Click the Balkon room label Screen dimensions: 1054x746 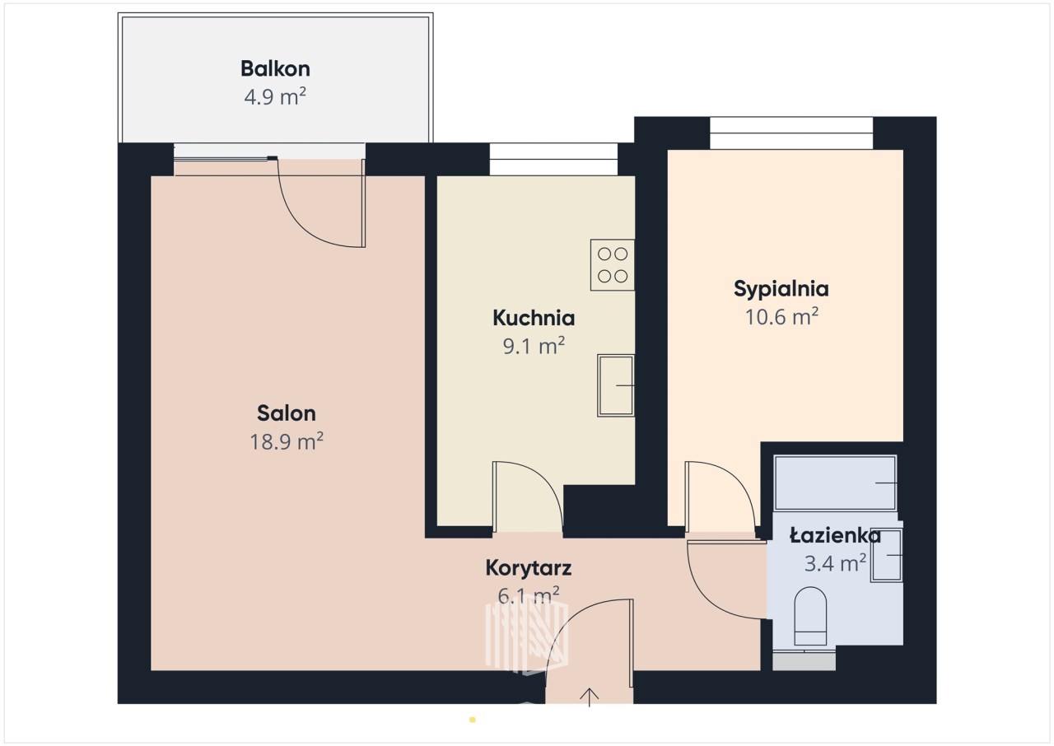(x=275, y=68)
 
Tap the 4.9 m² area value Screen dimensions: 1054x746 (x=275, y=96)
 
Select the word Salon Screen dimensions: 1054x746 (x=286, y=413)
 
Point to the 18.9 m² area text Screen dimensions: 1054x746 (x=286, y=441)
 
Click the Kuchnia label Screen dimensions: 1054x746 (x=534, y=318)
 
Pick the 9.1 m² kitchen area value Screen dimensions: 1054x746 (x=534, y=346)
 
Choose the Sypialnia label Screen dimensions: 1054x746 (x=781, y=289)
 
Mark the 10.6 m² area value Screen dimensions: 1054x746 (x=781, y=316)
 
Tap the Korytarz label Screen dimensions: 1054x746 (x=529, y=568)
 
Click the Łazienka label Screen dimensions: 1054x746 (x=835, y=536)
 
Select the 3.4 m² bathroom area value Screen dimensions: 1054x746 (x=835, y=563)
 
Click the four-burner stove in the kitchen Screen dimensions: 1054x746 (x=613, y=265)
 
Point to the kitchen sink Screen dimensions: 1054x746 (x=616, y=385)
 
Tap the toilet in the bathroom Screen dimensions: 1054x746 (x=810, y=616)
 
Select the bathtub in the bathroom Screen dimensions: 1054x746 (x=835, y=483)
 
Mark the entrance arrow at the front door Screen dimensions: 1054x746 (x=589, y=697)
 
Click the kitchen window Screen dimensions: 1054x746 (x=554, y=160)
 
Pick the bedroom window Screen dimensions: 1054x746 (x=791, y=133)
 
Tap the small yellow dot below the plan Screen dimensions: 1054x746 (x=473, y=720)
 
